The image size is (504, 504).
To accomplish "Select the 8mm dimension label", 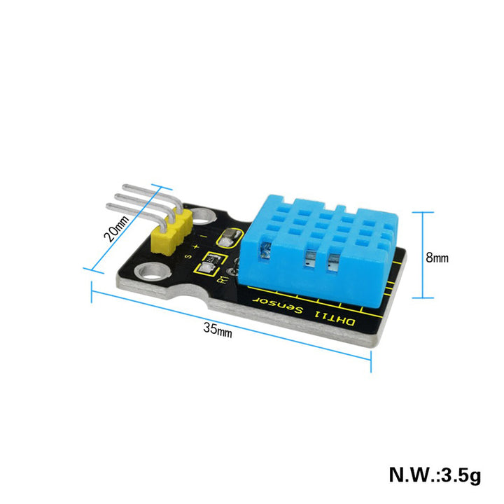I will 437,257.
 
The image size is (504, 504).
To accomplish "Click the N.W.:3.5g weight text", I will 435,475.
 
